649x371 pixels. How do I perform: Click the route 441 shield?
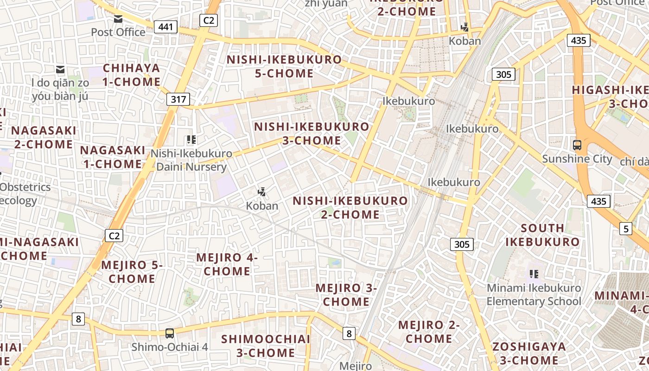pyautogui.click(x=165, y=27)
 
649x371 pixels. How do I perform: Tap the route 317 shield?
pyautogui.click(x=178, y=99)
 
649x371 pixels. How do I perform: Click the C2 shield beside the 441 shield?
pyautogui.click(x=209, y=20)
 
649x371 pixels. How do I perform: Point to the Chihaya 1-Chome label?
pyautogui.click(x=131, y=75)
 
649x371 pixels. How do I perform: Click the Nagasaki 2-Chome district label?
pyautogui.click(x=44, y=137)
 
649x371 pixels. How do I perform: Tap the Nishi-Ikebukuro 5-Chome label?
pyautogui.click(x=284, y=66)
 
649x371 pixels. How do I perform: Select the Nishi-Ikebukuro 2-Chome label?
pyautogui.click(x=350, y=207)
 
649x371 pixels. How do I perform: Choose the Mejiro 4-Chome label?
pyautogui.click(x=227, y=264)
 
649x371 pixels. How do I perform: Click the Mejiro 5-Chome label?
pyautogui.click(x=132, y=272)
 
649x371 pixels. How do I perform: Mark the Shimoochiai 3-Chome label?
pyautogui.click(x=266, y=345)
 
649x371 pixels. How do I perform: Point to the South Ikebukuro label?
pyautogui.click(x=542, y=235)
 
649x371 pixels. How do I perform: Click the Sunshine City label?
pyautogui.click(x=577, y=159)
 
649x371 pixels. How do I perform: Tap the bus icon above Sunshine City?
pyautogui.click(x=577, y=145)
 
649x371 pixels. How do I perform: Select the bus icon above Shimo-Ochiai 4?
pyautogui.click(x=170, y=333)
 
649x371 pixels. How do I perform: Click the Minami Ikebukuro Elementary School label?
pyautogui.click(x=534, y=294)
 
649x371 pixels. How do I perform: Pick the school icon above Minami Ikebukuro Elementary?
pyautogui.click(x=534, y=274)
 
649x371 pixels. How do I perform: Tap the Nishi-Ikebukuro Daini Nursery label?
pyautogui.click(x=191, y=160)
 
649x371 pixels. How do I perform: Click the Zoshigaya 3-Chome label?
pyautogui.click(x=529, y=353)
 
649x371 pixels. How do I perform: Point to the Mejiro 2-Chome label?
pyautogui.click(x=429, y=332)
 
